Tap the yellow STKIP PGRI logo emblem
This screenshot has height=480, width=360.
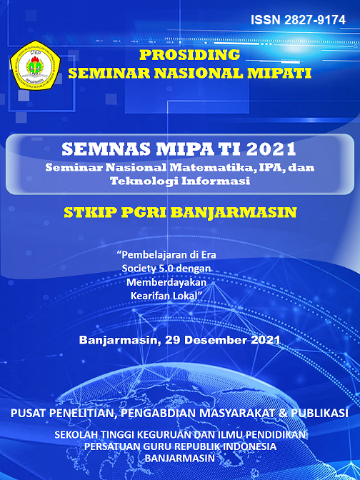tap(35, 65)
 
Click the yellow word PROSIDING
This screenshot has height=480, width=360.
tap(189, 55)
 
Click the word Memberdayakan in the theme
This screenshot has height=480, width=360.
tap(166, 282)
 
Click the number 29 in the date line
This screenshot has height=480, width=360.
tap(173, 340)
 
